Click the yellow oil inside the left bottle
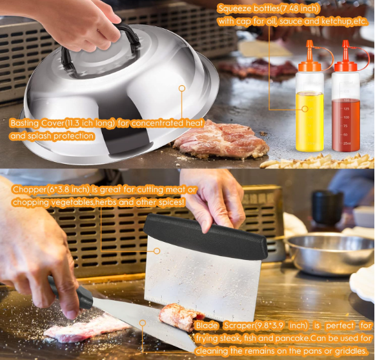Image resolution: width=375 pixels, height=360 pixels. [310, 122]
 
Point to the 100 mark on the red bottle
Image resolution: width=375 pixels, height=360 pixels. [346, 117]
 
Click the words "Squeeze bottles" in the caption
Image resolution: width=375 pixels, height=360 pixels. [248, 9]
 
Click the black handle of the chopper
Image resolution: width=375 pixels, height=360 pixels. [205, 235]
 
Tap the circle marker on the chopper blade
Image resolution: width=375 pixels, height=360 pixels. [157, 251]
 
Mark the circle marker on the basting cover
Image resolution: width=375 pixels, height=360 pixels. [182, 88]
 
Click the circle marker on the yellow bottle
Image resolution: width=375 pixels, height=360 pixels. [305, 109]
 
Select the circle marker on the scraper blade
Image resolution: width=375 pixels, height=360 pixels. [143, 323]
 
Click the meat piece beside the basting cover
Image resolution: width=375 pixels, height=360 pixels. [221, 139]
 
